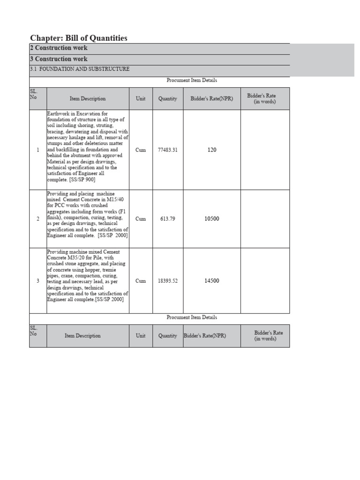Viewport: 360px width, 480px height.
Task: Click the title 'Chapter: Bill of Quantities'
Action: pos(78,38)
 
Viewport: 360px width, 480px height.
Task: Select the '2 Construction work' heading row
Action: pos(59,48)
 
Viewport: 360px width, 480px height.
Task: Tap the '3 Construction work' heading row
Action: pos(59,59)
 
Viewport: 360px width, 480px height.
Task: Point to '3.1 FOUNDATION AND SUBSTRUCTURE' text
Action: pos(80,69)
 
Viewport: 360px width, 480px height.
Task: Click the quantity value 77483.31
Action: pos(167,150)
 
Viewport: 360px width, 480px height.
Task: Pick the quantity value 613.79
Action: pos(167,219)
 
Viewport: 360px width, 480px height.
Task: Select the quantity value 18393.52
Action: pos(167,281)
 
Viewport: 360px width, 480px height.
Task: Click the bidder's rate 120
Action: pos(211,150)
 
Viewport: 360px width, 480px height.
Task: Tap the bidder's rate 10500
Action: pos(211,219)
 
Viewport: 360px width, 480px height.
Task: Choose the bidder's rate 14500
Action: pos(211,281)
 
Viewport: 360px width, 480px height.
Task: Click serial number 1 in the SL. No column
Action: pos(38,150)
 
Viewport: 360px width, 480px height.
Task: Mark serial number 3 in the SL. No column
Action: pos(38,281)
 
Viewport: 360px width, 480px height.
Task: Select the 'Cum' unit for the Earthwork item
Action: pos(141,150)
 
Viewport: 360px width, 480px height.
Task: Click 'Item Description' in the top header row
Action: pos(88,98)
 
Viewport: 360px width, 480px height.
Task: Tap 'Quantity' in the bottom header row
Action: pos(167,336)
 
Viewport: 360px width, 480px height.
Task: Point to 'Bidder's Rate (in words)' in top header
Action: pos(265,98)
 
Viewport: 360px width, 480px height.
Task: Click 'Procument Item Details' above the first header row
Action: pos(192,80)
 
